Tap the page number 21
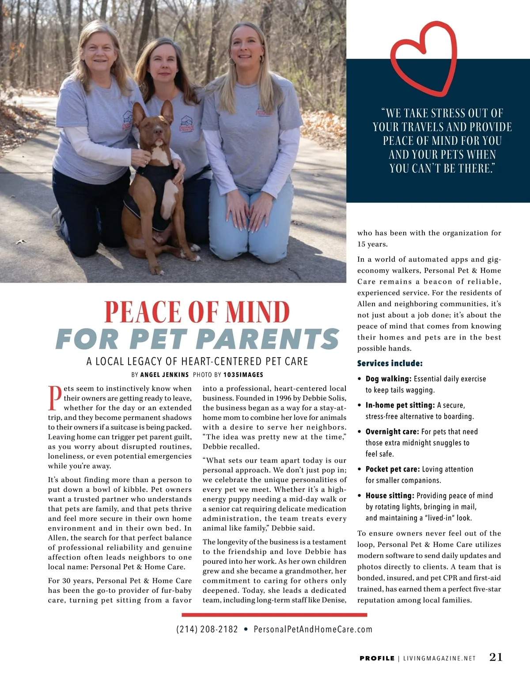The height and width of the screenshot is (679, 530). coord(496,657)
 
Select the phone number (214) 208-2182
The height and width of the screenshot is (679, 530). coord(207,629)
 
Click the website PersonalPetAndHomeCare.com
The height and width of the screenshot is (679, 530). coord(313,629)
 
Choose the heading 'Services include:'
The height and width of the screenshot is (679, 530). coord(390,363)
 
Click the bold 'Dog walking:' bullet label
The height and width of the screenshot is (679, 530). coord(388,379)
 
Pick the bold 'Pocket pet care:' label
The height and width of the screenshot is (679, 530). coord(393,469)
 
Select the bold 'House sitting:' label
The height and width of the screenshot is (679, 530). coord(390,496)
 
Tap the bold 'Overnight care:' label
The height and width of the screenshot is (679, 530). coord(392,432)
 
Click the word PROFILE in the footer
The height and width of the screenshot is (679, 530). coord(377,658)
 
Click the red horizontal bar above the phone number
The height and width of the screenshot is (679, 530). coord(274,615)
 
